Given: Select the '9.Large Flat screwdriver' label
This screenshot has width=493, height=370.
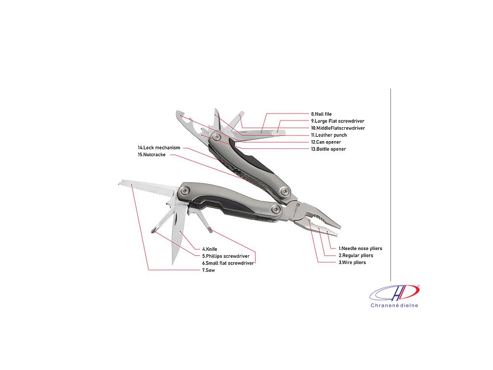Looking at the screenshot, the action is tap(337, 121).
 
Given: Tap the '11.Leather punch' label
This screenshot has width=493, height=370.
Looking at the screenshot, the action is tap(328, 135).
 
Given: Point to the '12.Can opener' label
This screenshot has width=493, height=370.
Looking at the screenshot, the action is tap(325, 142).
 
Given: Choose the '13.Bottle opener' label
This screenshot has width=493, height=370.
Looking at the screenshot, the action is tap(328, 149).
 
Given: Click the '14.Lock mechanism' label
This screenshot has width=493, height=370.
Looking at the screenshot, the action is tap(159, 147).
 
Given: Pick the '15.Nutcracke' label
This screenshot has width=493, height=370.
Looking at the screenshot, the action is tap(152, 155).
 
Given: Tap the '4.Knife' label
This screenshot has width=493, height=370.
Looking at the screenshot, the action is tap(209, 249).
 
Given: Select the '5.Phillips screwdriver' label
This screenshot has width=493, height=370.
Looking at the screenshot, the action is tap(225, 256).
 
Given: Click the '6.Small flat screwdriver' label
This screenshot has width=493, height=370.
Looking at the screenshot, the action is tap(228, 263).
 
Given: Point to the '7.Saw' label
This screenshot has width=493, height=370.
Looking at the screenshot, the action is tap(208, 270).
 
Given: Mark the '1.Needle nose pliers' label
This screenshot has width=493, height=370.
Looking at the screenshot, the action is tap(360, 249).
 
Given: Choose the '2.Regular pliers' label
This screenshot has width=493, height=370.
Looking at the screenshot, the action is tap(355, 255).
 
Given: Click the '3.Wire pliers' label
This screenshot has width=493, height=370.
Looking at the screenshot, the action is tap(352, 263).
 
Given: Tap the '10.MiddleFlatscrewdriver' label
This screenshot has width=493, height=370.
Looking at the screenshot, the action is tap(337, 128).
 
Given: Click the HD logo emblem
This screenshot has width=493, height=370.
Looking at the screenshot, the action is tap(394, 293).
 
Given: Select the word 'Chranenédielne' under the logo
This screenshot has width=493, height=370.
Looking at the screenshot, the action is tap(394, 305).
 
